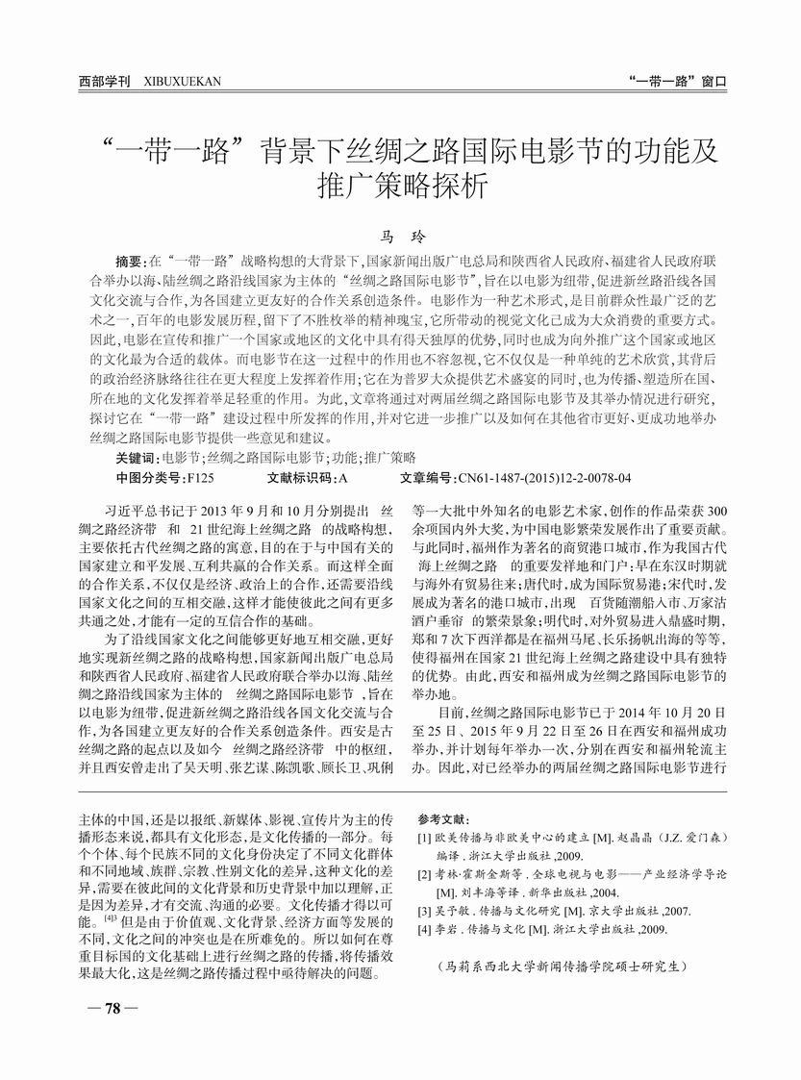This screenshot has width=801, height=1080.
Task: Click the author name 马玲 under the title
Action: [x=399, y=235]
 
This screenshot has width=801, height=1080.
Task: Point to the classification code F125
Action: [x=200, y=477]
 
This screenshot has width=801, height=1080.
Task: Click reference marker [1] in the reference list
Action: [x=425, y=838]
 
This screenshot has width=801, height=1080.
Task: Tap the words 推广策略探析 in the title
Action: [x=400, y=187]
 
